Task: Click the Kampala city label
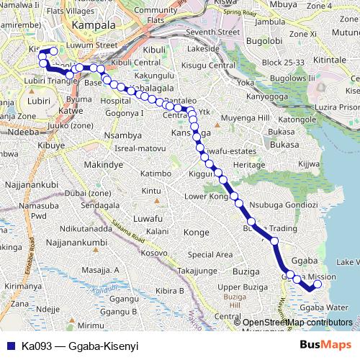click(x=94, y=24)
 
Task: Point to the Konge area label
click(x=197, y=233)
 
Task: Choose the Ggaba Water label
click(x=318, y=307)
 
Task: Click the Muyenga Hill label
click(x=245, y=117)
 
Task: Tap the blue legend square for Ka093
click(x=9, y=346)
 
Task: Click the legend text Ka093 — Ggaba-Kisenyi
click(x=79, y=346)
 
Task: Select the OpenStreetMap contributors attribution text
click(x=297, y=323)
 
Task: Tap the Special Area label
click(x=210, y=254)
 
